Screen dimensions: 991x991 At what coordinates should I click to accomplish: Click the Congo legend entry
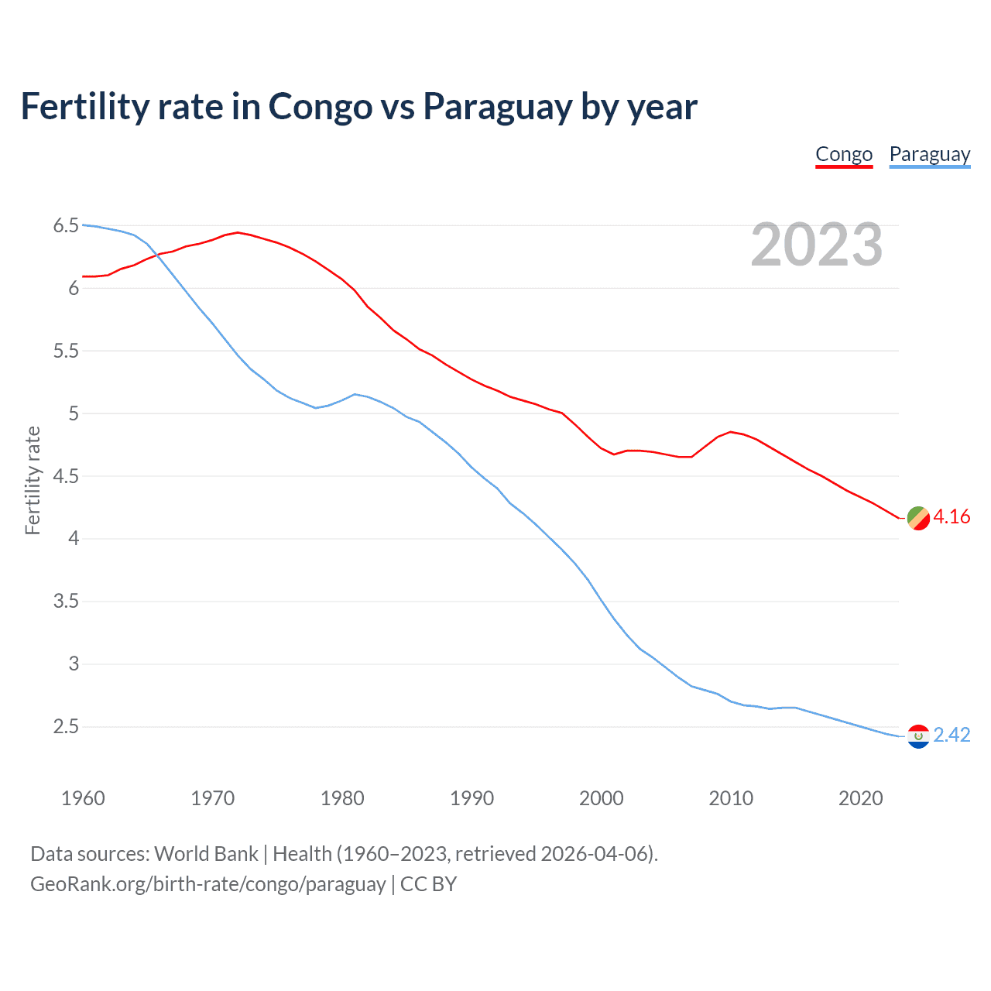pyautogui.click(x=844, y=155)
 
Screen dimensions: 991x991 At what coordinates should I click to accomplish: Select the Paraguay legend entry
pyautogui.click(x=929, y=155)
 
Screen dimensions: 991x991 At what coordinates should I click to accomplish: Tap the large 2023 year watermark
pyautogui.click(x=817, y=245)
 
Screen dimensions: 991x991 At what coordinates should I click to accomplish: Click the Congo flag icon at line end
pyautogui.click(x=918, y=518)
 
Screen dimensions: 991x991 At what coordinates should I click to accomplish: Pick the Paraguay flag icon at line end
pyautogui.click(x=918, y=736)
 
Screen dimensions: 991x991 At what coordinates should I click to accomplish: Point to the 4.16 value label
pyautogui.click(x=952, y=517)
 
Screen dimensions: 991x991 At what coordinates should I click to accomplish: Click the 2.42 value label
pyautogui.click(x=952, y=736)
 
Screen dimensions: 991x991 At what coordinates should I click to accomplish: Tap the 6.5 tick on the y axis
pyautogui.click(x=66, y=226)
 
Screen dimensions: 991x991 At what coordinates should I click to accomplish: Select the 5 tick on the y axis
pyautogui.click(x=74, y=414)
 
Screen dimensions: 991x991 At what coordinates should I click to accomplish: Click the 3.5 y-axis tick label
pyautogui.click(x=66, y=602)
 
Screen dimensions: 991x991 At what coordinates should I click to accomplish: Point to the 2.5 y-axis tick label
pyautogui.click(x=66, y=727)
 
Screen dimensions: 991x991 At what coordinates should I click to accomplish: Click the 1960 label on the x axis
pyautogui.click(x=83, y=798)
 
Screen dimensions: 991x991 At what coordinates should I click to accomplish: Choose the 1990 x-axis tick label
pyautogui.click(x=471, y=798)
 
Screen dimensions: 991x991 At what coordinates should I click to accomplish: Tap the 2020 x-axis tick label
pyautogui.click(x=860, y=798)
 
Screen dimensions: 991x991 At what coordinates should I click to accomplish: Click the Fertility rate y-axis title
pyautogui.click(x=33, y=480)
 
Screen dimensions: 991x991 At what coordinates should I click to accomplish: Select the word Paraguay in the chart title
pyautogui.click(x=497, y=107)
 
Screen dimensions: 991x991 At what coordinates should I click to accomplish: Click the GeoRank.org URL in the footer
pyautogui.click(x=207, y=884)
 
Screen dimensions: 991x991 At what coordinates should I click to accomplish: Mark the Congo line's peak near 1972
pyautogui.click(x=238, y=232)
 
